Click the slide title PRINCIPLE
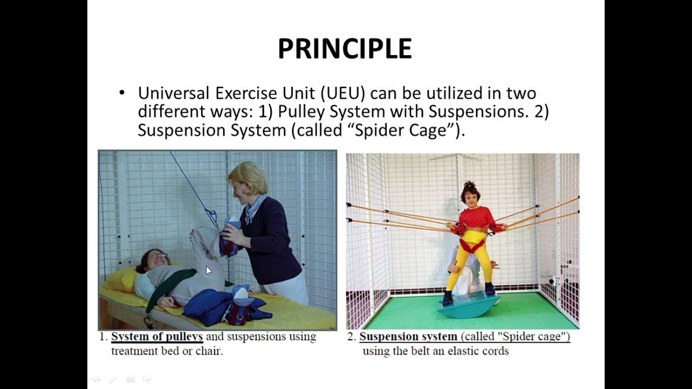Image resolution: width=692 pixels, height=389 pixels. [345, 49]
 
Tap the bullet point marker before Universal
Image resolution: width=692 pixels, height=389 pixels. [122, 93]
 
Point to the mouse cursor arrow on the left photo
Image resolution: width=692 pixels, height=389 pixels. [209, 271]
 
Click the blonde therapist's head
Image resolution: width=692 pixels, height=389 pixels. [248, 178]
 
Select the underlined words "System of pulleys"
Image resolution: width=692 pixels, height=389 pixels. [157, 337]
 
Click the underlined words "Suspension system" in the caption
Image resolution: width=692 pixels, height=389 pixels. [408, 337]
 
